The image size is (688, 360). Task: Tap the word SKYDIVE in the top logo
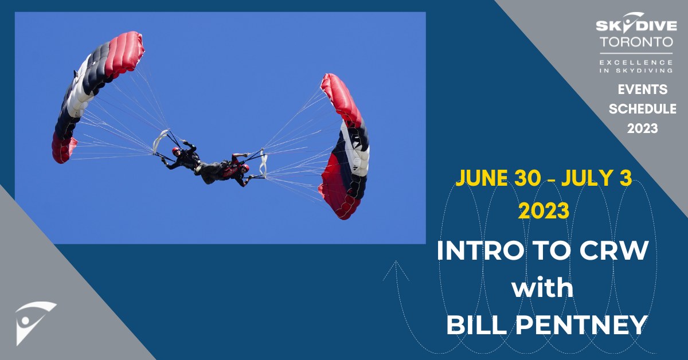tap(636, 25)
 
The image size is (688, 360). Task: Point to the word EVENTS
tap(642, 90)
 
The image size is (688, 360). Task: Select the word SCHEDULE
tap(642, 109)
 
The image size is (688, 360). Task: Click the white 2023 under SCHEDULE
tap(642, 129)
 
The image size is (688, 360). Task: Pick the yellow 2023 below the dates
tap(544, 210)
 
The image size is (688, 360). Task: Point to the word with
tap(542, 288)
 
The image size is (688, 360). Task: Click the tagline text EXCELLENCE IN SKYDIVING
tap(636, 65)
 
